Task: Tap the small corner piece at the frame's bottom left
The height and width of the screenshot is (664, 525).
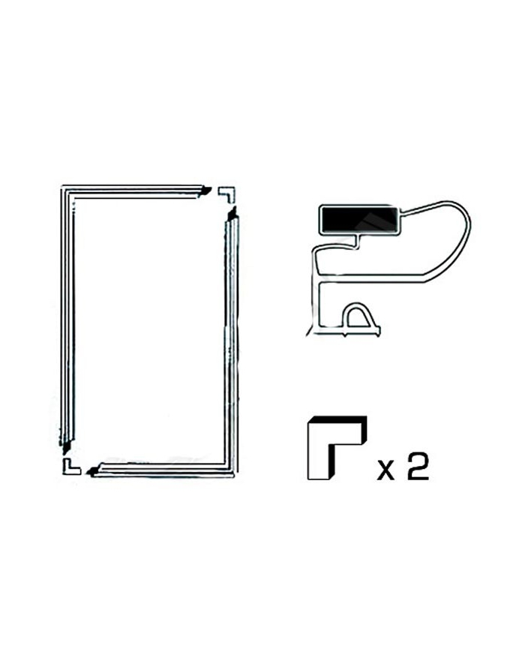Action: tap(70, 467)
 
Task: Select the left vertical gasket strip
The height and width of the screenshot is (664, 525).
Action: tap(64, 315)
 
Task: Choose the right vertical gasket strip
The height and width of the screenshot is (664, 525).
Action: tap(232, 338)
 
